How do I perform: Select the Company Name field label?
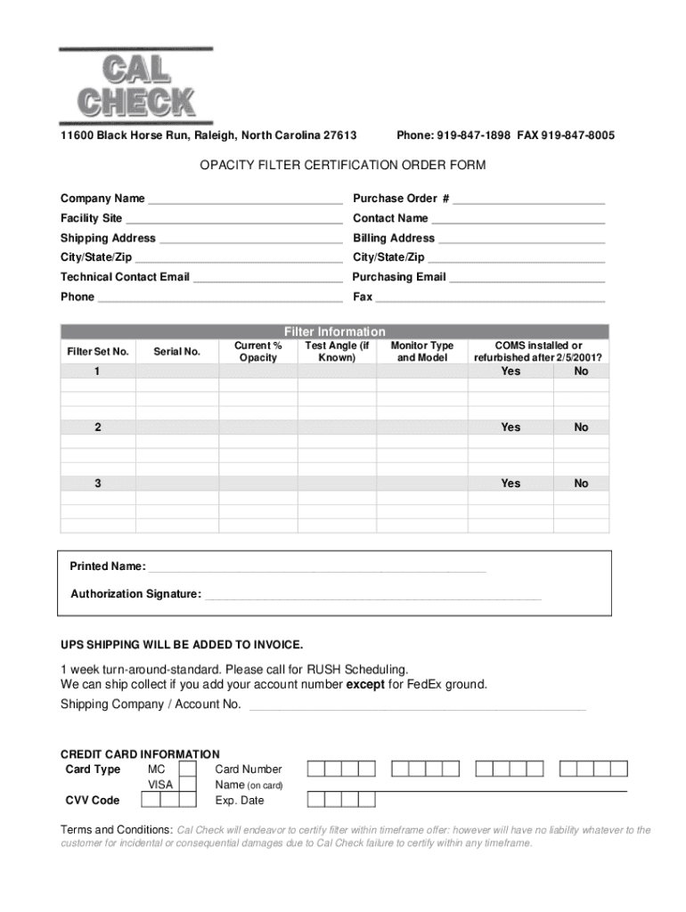point(102,199)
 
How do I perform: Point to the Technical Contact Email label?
point(125,277)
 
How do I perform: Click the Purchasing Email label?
point(399,277)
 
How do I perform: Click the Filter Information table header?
point(335,331)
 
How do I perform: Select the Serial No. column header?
point(176,352)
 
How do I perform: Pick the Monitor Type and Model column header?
point(422,351)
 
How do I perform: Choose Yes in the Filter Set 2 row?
point(510,427)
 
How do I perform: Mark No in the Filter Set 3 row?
point(581,484)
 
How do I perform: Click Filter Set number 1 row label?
point(97,371)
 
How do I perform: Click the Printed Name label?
point(108,566)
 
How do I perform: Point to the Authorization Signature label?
point(135,594)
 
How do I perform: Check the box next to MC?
point(188,769)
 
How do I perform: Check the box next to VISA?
point(188,785)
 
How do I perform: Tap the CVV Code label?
point(93,800)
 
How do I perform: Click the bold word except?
point(365,685)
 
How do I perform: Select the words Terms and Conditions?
point(117,830)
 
